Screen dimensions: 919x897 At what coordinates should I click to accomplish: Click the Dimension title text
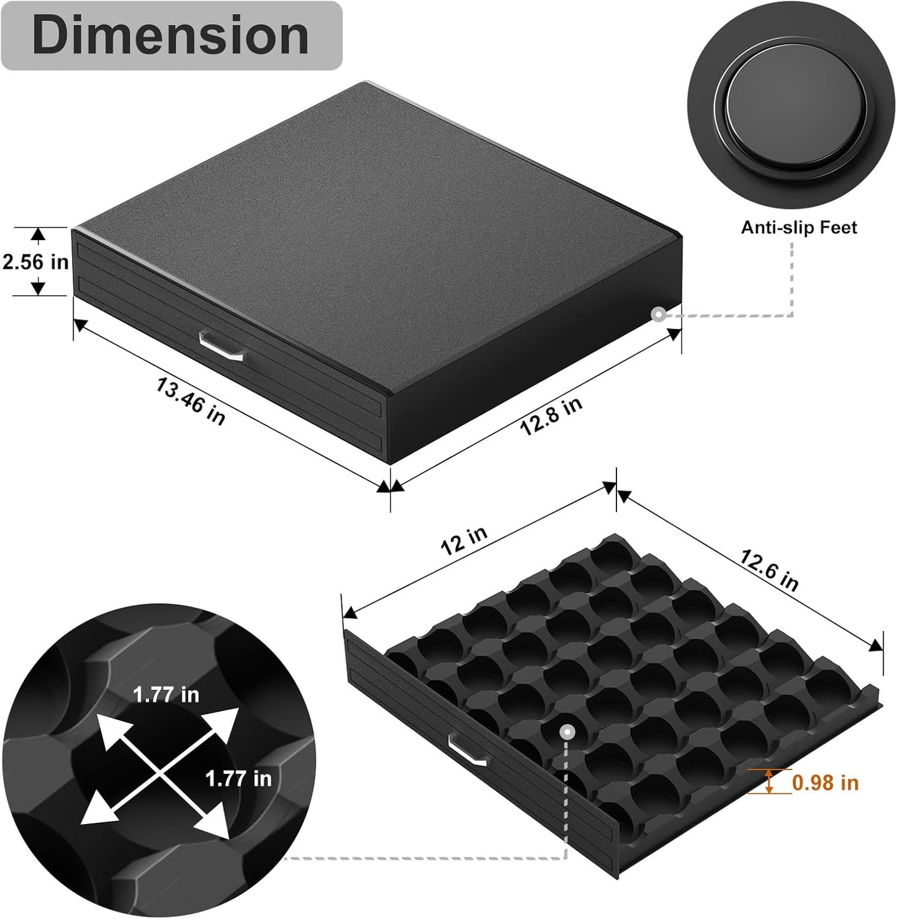(171, 35)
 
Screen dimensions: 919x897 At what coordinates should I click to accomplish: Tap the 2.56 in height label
(35, 262)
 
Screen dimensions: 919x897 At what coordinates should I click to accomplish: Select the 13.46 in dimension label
(190, 402)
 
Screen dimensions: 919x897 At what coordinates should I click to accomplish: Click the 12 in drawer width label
(464, 540)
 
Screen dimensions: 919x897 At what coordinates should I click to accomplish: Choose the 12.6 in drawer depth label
(769, 570)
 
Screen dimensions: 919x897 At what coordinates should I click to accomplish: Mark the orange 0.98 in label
(825, 782)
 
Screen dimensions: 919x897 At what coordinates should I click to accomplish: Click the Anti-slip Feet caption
(798, 228)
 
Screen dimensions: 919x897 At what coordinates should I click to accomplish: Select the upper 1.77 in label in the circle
(166, 694)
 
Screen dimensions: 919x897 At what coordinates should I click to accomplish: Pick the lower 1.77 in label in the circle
(238, 778)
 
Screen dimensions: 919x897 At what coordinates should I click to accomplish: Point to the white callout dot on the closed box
(659, 315)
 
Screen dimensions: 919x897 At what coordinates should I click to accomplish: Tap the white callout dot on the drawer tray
(566, 732)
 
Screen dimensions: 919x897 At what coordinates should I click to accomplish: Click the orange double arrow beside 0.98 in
(770, 781)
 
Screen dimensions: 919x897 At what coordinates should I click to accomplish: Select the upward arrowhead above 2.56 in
(38, 235)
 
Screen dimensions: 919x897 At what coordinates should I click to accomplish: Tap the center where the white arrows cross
(160, 769)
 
